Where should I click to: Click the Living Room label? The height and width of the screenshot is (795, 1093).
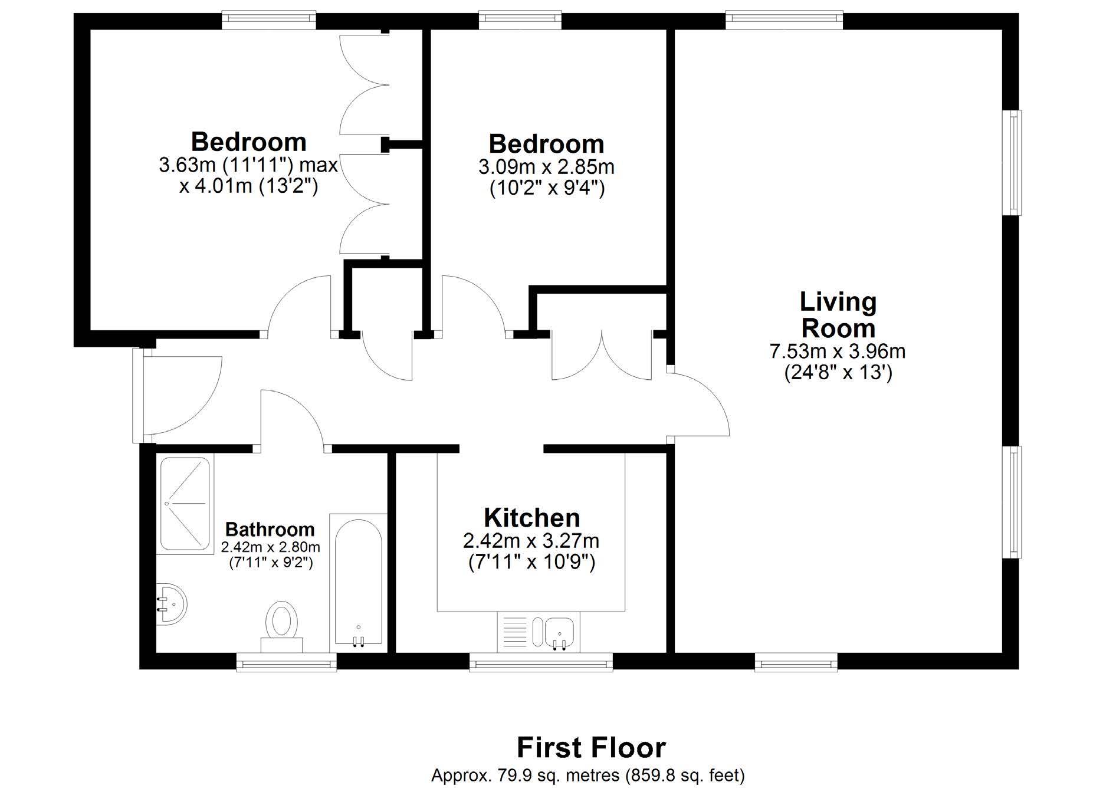[x=838, y=315]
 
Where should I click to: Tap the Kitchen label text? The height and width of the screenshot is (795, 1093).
[x=532, y=518]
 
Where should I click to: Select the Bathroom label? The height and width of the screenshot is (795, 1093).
[x=270, y=529]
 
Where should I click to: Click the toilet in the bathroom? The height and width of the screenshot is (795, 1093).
[x=282, y=626]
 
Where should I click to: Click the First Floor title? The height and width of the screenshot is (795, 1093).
[x=592, y=748]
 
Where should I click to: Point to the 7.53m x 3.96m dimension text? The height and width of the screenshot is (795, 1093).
[x=838, y=351]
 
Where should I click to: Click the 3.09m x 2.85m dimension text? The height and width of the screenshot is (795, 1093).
[x=546, y=167]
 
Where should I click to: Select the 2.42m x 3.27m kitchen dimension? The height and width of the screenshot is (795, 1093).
[x=531, y=540]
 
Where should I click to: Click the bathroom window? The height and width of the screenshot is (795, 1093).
[x=287, y=662]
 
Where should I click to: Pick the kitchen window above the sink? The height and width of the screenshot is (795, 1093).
[x=541, y=662]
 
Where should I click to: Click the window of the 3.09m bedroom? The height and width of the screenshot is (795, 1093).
[x=520, y=20]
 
